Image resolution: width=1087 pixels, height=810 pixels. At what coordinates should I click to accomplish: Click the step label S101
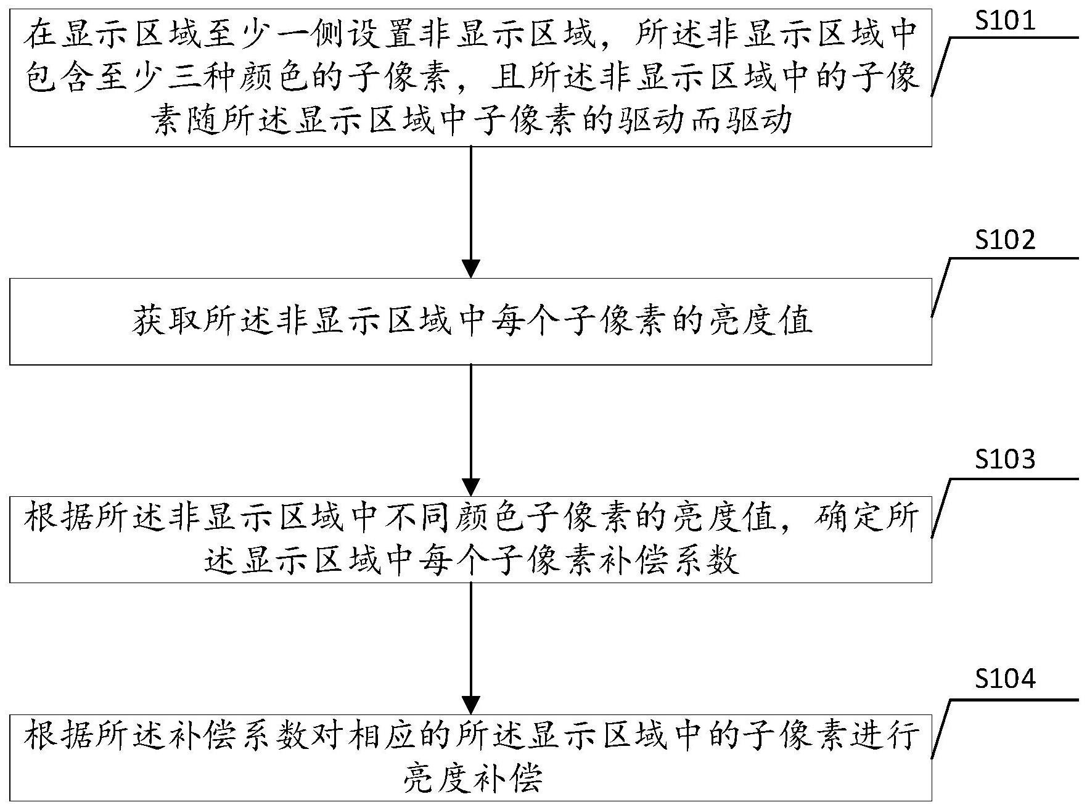[1004, 21]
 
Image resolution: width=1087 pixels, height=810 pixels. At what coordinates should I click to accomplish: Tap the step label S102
[1004, 240]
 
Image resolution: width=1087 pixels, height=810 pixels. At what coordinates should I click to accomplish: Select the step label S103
[1004, 459]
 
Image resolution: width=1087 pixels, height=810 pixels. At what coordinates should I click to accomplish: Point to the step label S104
[1004, 679]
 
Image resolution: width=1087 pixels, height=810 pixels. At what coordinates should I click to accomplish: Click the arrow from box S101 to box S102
[471, 212]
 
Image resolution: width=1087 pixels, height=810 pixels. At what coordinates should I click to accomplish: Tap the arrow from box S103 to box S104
[471, 648]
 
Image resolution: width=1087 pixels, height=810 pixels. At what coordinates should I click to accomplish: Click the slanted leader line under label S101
[940, 67]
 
